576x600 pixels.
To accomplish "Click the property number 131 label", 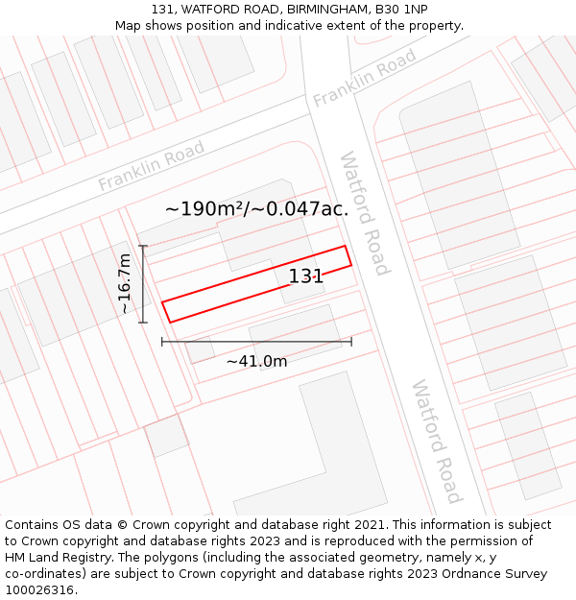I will (306, 276).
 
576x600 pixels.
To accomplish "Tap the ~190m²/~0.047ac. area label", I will (256, 208).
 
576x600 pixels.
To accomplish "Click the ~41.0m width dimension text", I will (256, 361).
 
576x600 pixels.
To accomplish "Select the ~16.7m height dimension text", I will (125, 284).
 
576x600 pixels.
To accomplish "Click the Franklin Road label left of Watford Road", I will (151, 166).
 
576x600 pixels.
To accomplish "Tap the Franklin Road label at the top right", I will (364, 78).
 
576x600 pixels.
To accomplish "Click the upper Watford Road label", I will (364, 212).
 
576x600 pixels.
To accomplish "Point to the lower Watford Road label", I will (437, 441).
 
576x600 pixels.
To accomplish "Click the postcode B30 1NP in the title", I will (401, 10).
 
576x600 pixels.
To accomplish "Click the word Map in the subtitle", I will (128, 26).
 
